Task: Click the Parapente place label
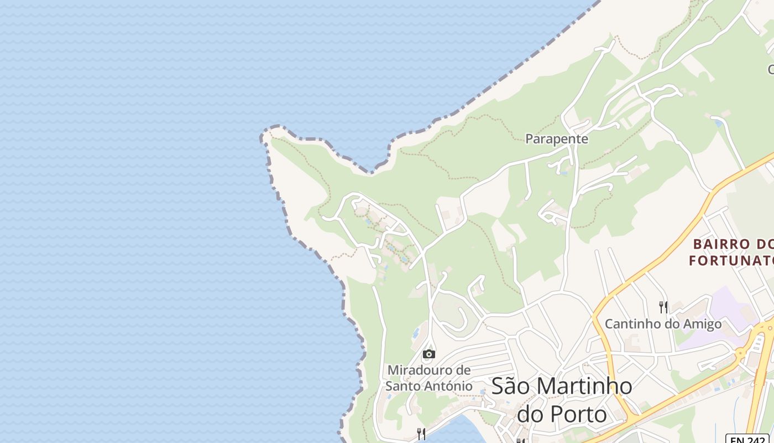[x=557, y=139]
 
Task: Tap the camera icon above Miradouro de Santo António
[x=428, y=354]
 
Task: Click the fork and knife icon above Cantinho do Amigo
[x=663, y=307]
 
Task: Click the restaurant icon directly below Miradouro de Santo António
[x=421, y=433]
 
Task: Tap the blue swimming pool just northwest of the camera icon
[x=415, y=334]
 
